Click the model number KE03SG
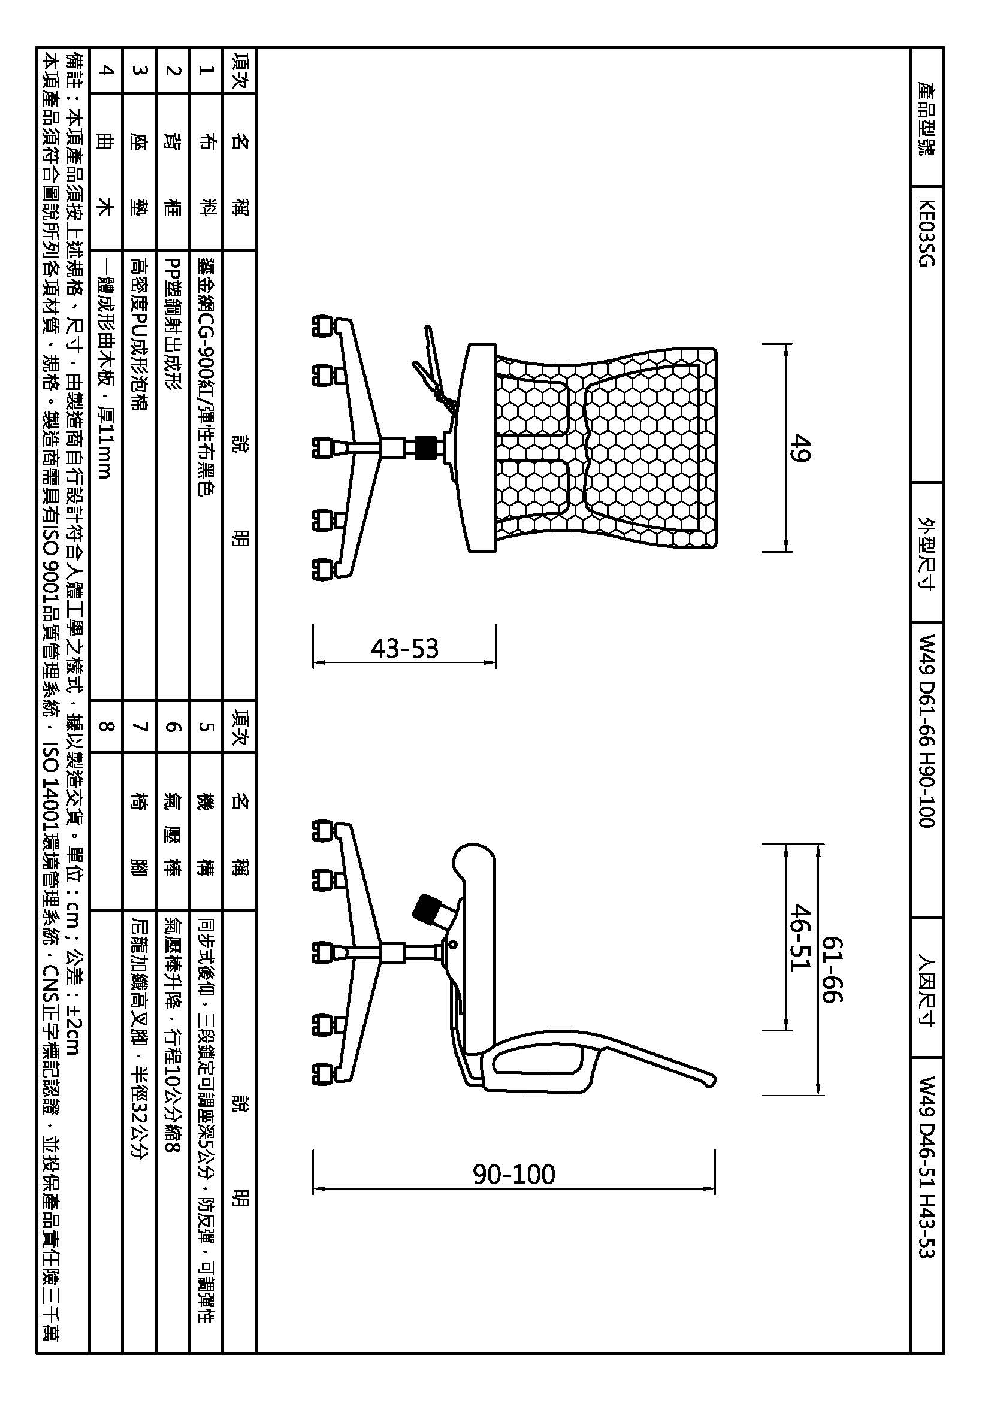[926, 234]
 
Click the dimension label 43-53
[404, 648]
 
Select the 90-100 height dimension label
[514, 1174]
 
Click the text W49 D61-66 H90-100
[926, 731]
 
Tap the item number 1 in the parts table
[206, 70]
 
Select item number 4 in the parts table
[105, 70]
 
